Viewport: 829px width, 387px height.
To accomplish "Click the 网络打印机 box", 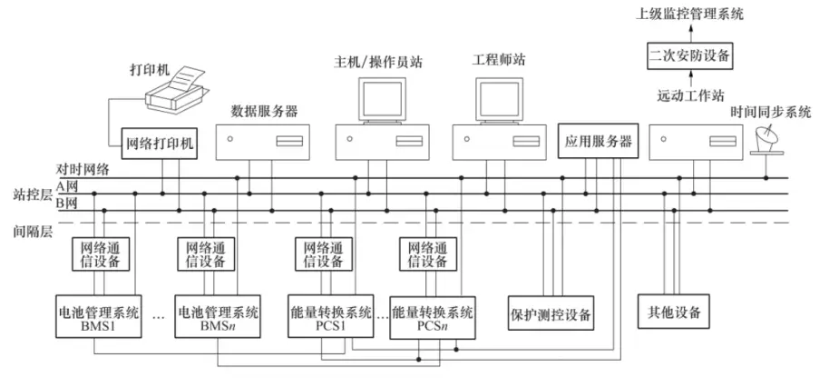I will point(159,142).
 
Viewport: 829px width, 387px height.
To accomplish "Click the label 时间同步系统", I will point(772,113).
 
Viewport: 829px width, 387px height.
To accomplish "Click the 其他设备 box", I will point(673,313).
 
